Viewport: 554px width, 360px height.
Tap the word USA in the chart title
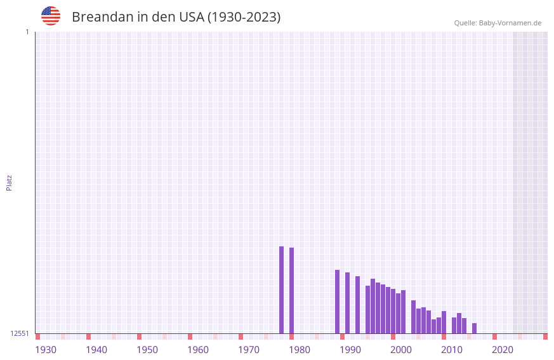coord(192,17)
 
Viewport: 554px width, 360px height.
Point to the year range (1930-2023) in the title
coord(244,17)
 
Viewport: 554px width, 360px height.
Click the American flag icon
coord(51,16)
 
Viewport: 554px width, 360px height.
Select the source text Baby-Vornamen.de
coord(510,23)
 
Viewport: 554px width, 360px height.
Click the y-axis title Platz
coord(9,182)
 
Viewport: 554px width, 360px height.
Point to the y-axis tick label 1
coord(27,32)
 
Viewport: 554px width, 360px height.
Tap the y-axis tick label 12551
coord(20,333)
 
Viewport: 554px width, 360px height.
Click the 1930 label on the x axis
coord(46,350)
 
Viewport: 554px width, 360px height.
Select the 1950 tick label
coord(147,350)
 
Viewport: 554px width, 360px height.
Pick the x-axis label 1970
coord(249,350)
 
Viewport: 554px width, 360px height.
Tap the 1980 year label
coord(300,350)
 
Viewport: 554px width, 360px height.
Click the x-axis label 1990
coord(350,350)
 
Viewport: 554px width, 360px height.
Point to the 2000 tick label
coord(401,350)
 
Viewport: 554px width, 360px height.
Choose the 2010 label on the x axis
coord(452,350)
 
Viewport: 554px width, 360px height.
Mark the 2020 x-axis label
coord(503,350)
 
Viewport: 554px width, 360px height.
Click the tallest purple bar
coord(282,290)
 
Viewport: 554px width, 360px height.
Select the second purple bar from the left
coord(292,290)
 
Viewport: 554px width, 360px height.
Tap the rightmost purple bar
coord(475,328)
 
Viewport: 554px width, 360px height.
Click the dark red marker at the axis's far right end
coord(545,337)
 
